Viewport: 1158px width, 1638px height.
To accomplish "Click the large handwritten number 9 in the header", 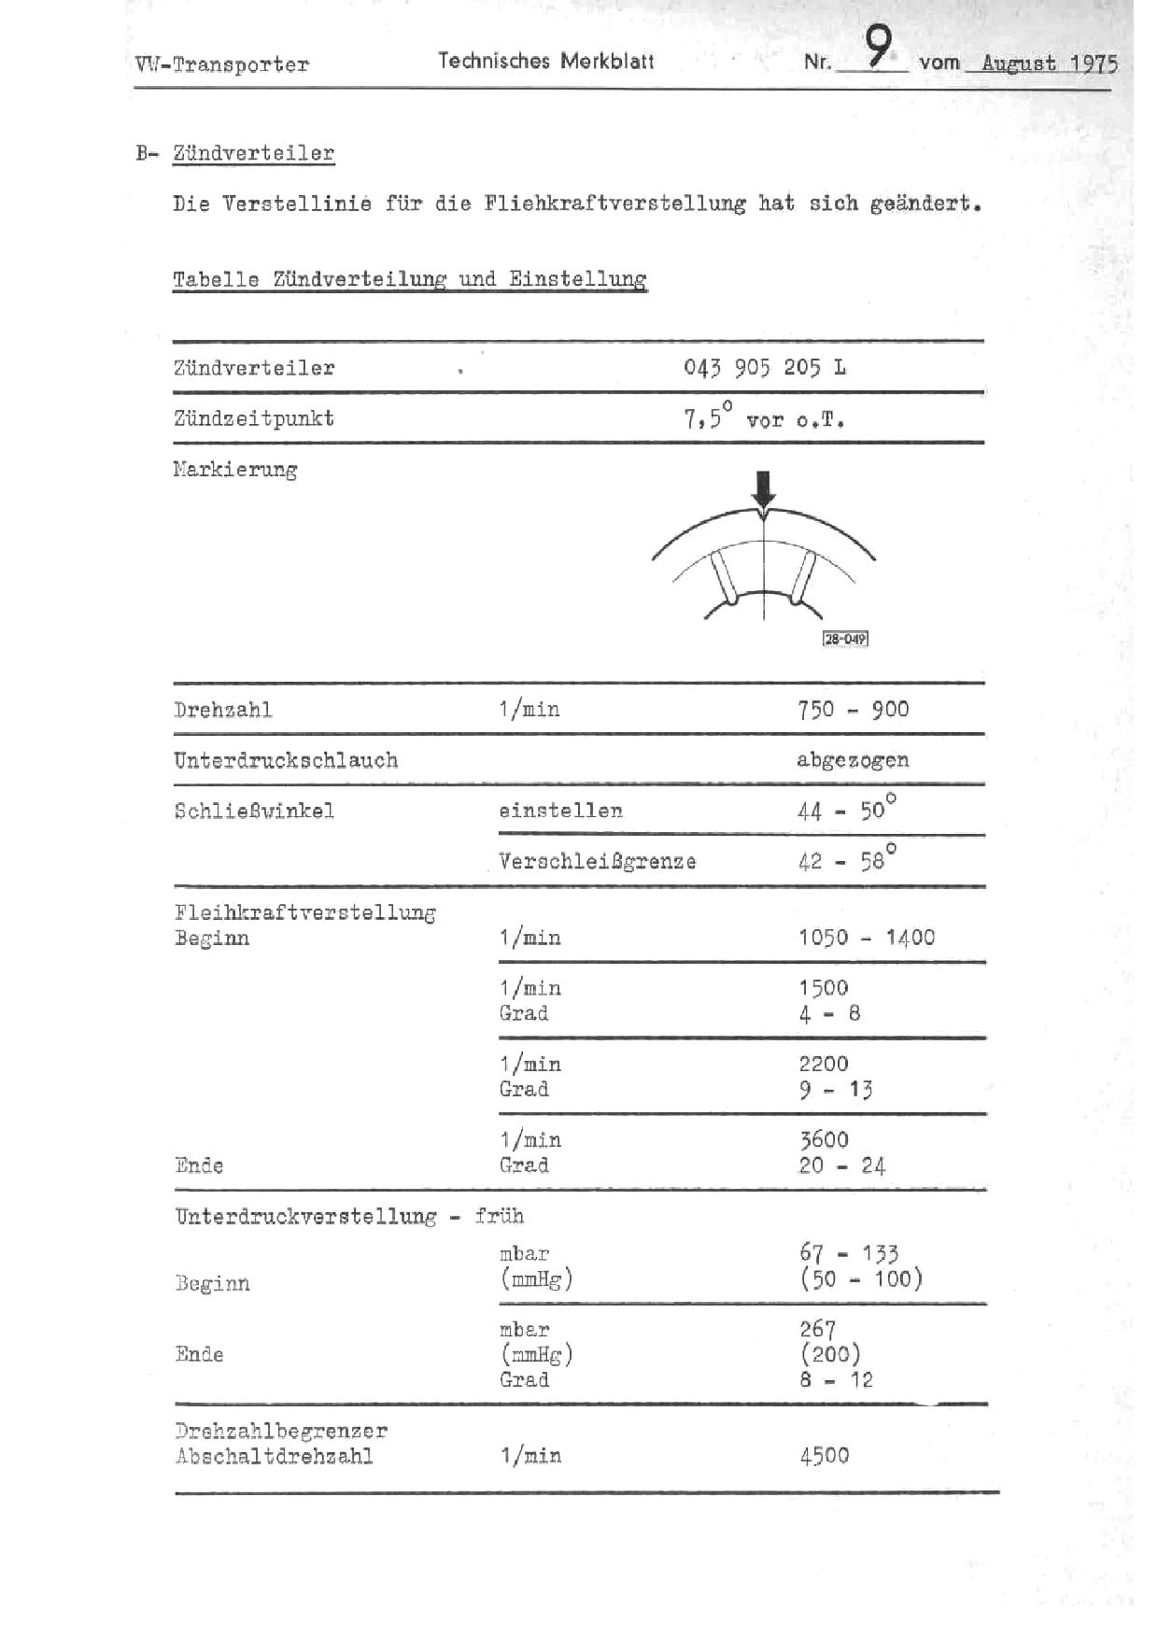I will (878, 46).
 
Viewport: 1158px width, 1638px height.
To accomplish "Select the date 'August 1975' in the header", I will (1049, 64).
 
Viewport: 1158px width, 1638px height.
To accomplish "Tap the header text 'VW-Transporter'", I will (221, 64).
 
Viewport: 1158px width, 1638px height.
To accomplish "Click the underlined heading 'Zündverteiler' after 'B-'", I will (253, 153).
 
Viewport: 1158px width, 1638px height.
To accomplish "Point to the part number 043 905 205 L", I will (764, 367).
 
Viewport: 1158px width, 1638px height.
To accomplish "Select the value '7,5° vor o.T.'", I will (764, 418).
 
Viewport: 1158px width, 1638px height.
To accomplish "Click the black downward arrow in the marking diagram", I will (764, 488).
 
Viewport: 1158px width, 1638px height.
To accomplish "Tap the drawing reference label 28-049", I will (845, 639).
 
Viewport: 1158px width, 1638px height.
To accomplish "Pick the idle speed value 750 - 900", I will (853, 709).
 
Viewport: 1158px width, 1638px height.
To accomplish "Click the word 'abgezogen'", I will (853, 759).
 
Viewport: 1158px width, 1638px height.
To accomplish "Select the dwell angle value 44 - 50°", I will (846, 809).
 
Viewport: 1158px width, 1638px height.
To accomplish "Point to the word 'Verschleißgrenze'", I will (598, 861).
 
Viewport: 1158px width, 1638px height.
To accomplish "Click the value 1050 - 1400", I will (867, 938).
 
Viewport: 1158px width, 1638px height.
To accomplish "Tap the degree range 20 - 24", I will (842, 1165).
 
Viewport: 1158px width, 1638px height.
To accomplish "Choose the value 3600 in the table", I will (824, 1139).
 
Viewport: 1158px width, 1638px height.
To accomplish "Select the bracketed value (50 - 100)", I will (860, 1278).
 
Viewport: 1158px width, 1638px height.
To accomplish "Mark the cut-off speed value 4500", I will (825, 1455).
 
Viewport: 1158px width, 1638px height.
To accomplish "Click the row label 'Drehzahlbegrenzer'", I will (281, 1430).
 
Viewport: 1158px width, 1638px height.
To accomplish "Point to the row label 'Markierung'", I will (235, 469).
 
